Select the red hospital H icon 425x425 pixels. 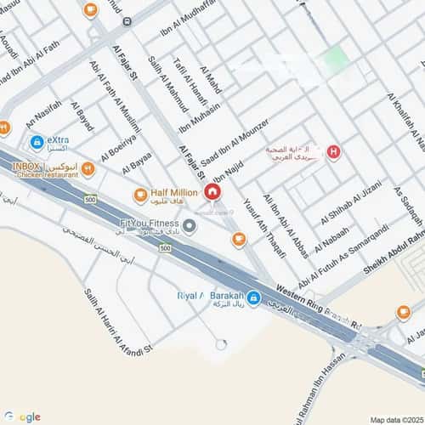click(x=334, y=153)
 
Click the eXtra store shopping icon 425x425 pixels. click(x=37, y=142)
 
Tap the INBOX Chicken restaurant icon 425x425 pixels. click(x=88, y=169)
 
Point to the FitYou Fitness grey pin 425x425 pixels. click(x=190, y=226)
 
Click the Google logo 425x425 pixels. click(x=21, y=416)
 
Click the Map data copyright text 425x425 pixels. click(x=396, y=419)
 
